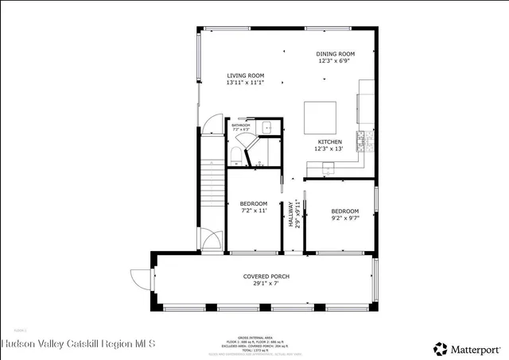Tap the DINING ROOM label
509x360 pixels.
click(336, 53)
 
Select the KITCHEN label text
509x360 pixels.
click(329, 141)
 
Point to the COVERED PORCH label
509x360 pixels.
click(266, 277)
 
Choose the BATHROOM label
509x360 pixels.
click(241, 125)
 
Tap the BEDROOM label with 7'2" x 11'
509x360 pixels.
click(254, 203)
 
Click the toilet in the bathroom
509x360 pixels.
click(237, 152)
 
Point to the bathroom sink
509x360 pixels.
click(268, 127)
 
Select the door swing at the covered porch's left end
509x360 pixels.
click(141, 278)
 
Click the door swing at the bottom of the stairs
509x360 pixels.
click(209, 240)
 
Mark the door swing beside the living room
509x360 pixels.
click(209, 125)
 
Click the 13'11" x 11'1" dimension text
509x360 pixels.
click(245, 82)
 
